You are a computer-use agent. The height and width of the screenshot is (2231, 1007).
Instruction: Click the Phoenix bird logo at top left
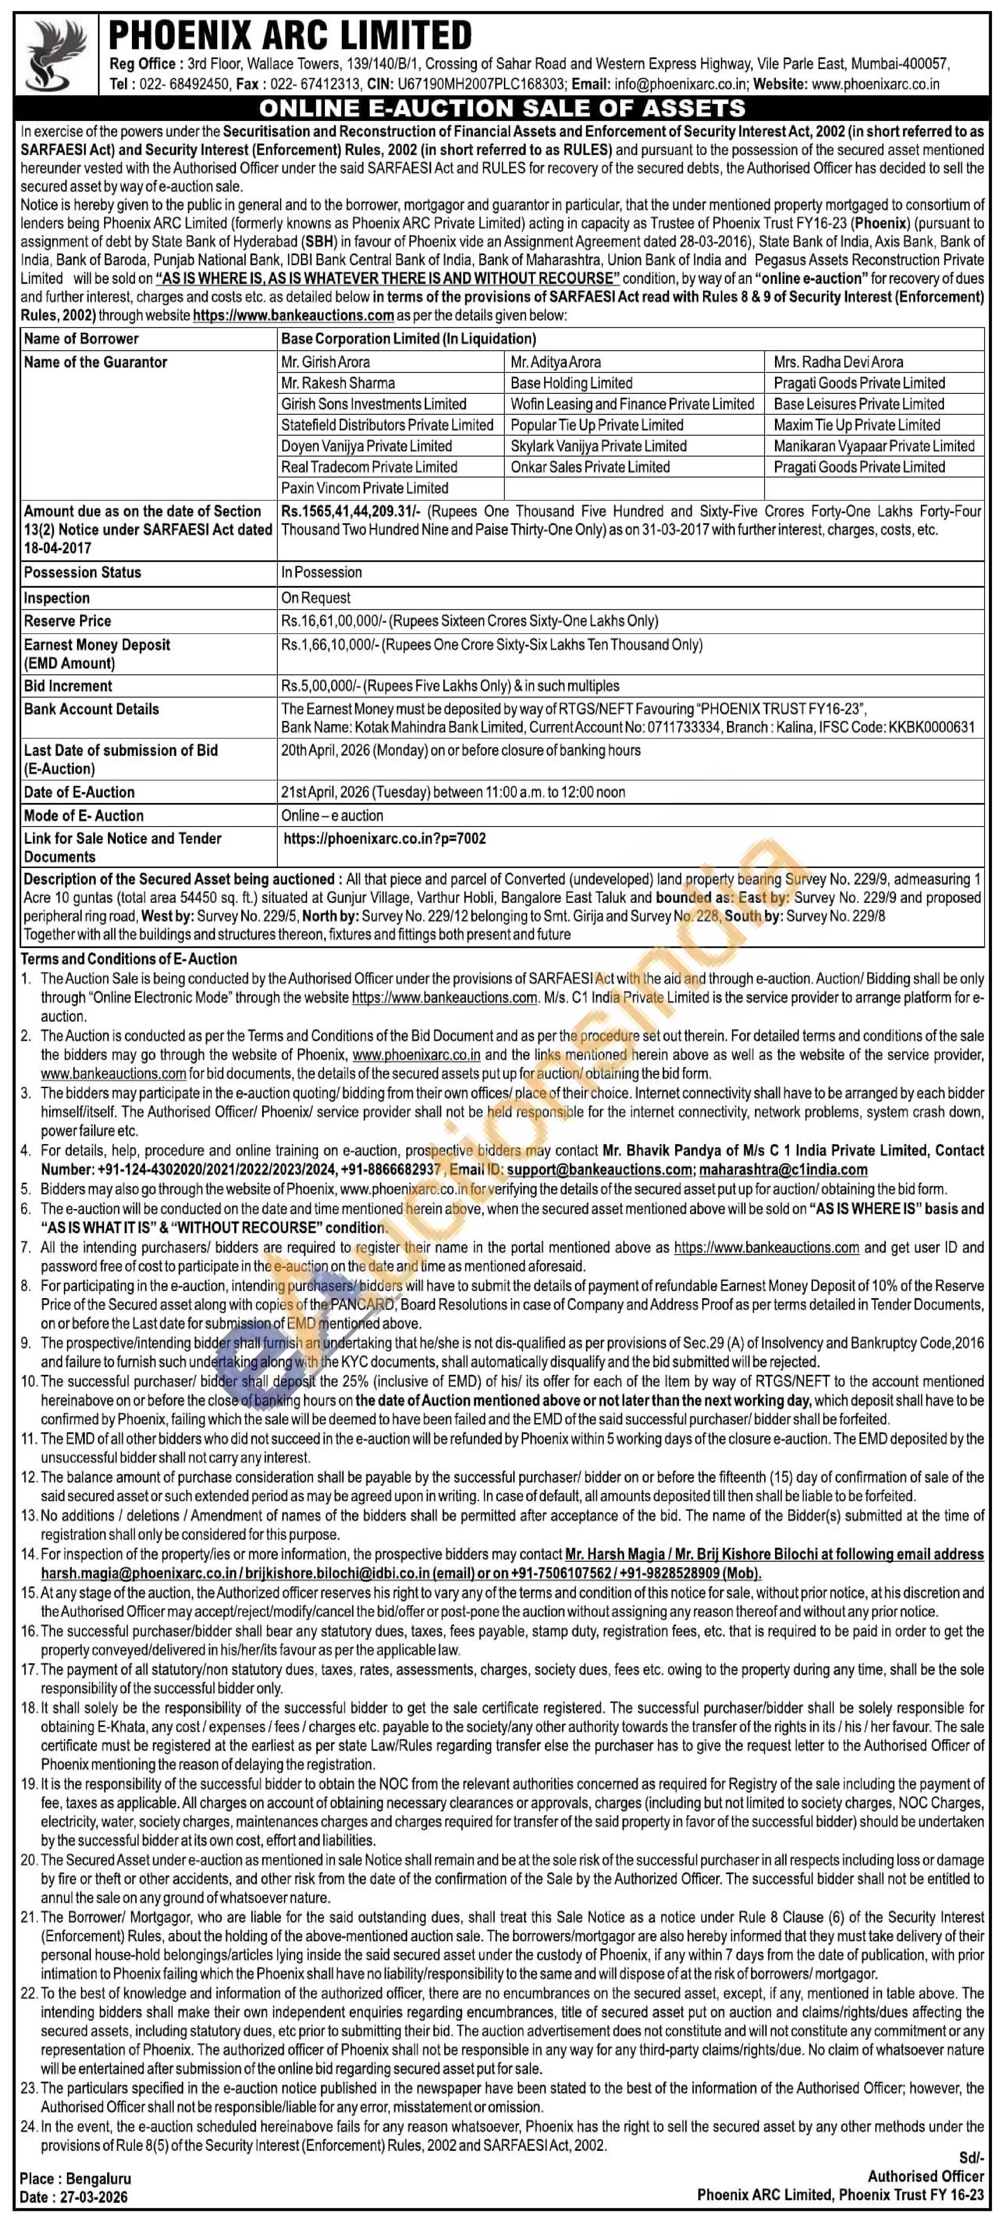point(57,56)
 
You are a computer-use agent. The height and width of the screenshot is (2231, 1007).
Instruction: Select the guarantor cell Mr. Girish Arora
point(325,362)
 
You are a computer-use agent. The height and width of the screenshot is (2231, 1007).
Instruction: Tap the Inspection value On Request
point(316,597)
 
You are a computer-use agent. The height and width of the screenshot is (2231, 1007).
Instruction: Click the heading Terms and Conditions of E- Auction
point(129,959)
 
